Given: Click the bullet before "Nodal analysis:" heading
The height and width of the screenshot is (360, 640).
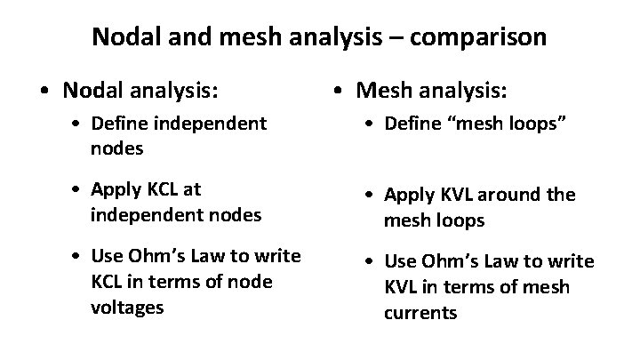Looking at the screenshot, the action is (31, 91).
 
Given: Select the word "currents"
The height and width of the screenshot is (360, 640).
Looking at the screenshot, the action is (421, 313).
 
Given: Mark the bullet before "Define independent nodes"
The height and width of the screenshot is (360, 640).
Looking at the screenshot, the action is (79, 124).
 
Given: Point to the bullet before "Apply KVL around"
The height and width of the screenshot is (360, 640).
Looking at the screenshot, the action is (372, 196).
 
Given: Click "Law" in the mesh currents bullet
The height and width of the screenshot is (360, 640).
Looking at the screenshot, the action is (513, 262).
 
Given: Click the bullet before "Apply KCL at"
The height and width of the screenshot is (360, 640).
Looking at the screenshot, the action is (79, 189).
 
